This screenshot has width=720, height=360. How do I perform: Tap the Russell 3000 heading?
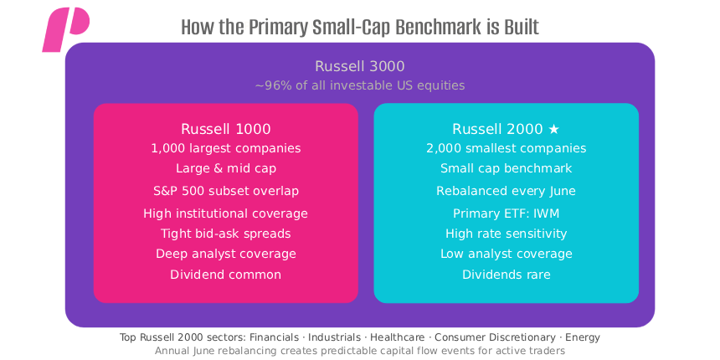[360, 66]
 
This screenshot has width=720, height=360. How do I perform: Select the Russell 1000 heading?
[225, 129]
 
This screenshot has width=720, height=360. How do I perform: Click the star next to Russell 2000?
[553, 129]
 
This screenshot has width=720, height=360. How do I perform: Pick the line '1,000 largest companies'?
[225, 148]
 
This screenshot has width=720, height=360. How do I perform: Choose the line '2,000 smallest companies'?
[506, 148]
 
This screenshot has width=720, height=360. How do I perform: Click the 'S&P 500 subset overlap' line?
[225, 191]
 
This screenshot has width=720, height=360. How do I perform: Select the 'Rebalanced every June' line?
[506, 191]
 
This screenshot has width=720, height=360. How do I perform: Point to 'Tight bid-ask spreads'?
[225, 234]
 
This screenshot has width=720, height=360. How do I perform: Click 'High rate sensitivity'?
[506, 234]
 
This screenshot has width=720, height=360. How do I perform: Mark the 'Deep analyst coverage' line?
[225, 254]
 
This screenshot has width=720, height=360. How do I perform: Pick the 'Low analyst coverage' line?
[506, 254]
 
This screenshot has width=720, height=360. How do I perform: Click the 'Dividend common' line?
[225, 275]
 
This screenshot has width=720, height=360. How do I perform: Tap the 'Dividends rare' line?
[506, 275]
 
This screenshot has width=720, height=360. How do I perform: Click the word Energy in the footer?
[583, 337]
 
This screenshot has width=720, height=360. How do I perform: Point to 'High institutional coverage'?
[225, 213]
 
